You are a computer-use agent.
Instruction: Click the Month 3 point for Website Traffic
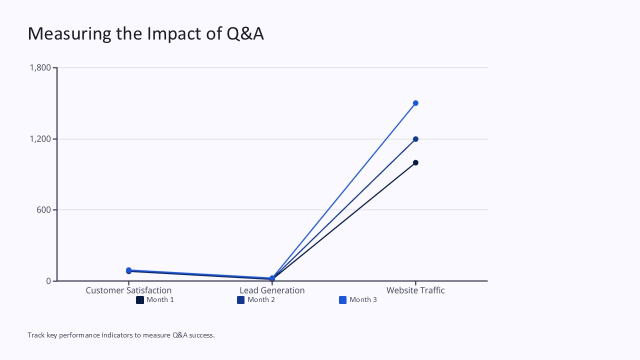tap(415, 103)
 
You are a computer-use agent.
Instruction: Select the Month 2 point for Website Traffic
tap(415, 139)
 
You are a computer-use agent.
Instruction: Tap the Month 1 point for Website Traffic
tap(415, 162)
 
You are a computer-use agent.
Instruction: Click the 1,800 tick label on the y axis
tap(40, 67)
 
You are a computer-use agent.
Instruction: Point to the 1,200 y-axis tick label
tap(40, 139)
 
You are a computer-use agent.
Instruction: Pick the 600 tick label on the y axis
tap(44, 210)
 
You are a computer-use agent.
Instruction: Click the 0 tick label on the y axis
tap(48, 281)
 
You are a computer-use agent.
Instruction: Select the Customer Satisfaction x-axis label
tap(128, 290)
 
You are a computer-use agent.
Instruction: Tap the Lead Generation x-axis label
tap(272, 290)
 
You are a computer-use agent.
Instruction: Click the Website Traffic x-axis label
tap(415, 290)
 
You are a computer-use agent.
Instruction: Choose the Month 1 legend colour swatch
tap(140, 300)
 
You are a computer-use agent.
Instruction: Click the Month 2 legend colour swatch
tap(241, 300)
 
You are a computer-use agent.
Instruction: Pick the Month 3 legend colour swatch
tap(343, 300)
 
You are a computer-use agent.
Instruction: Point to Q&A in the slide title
tap(245, 33)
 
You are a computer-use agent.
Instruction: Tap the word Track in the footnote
tap(35, 335)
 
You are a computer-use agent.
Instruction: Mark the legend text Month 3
tap(363, 300)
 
